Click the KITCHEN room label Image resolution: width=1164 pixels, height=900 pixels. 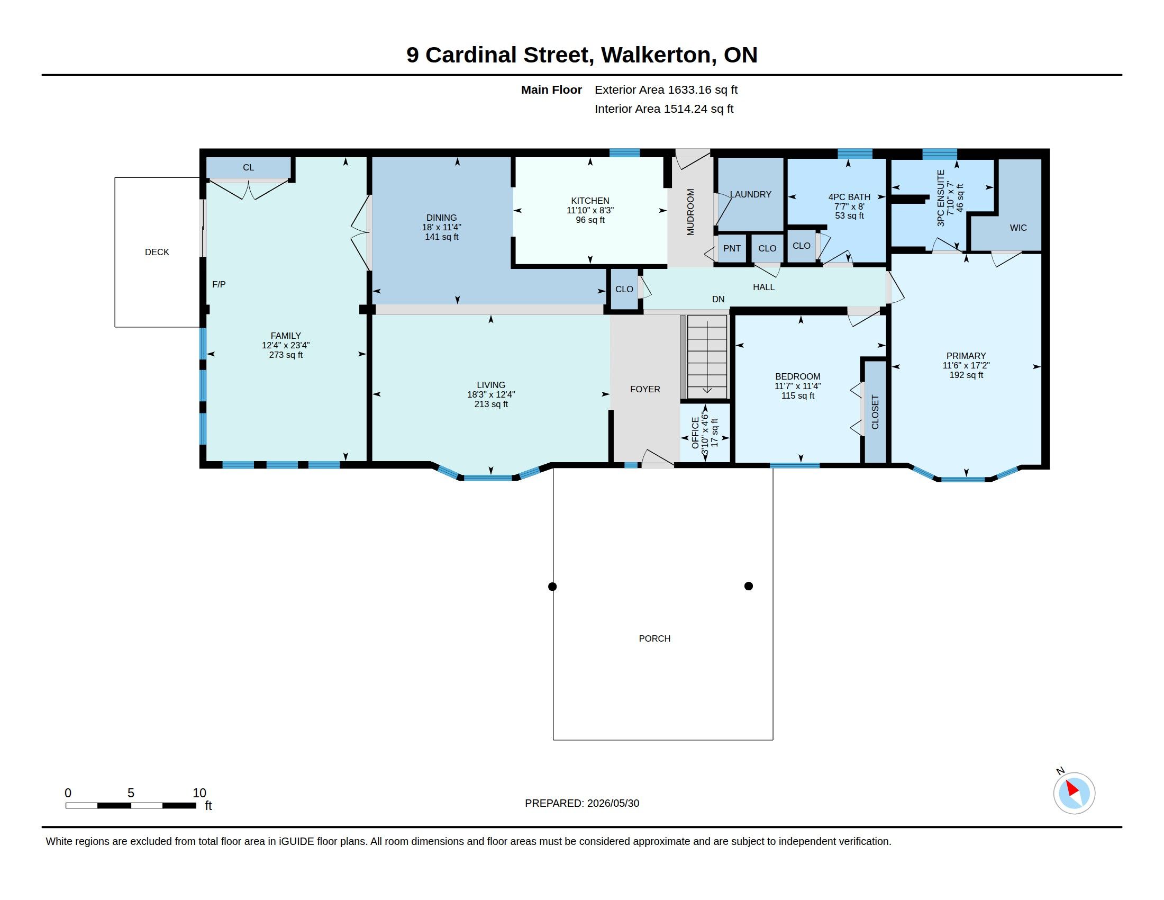tap(590, 201)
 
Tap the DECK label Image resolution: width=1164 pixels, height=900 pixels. tap(157, 252)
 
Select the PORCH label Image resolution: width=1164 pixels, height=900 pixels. tap(654, 638)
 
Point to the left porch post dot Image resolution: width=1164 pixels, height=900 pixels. tap(552, 587)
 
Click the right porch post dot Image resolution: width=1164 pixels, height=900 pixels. tap(748, 586)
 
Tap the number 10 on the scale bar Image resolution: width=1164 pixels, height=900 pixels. tap(199, 793)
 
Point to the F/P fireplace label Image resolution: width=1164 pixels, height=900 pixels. tap(219, 284)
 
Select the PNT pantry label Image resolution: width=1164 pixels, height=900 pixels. tap(732, 248)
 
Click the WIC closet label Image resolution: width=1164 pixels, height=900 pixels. tap(1018, 228)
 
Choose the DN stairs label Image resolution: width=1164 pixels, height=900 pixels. tap(718, 299)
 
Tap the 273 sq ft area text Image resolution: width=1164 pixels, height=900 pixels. tap(286, 355)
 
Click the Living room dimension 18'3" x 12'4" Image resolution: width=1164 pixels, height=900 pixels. tap(491, 394)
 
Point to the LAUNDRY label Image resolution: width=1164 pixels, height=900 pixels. tap(750, 194)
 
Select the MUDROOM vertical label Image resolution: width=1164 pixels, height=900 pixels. tap(690, 212)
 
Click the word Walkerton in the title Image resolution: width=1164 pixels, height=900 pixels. tap(659, 55)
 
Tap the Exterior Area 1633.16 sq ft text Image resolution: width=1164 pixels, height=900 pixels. tap(666, 89)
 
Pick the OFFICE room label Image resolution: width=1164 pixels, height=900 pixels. tap(695, 433)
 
